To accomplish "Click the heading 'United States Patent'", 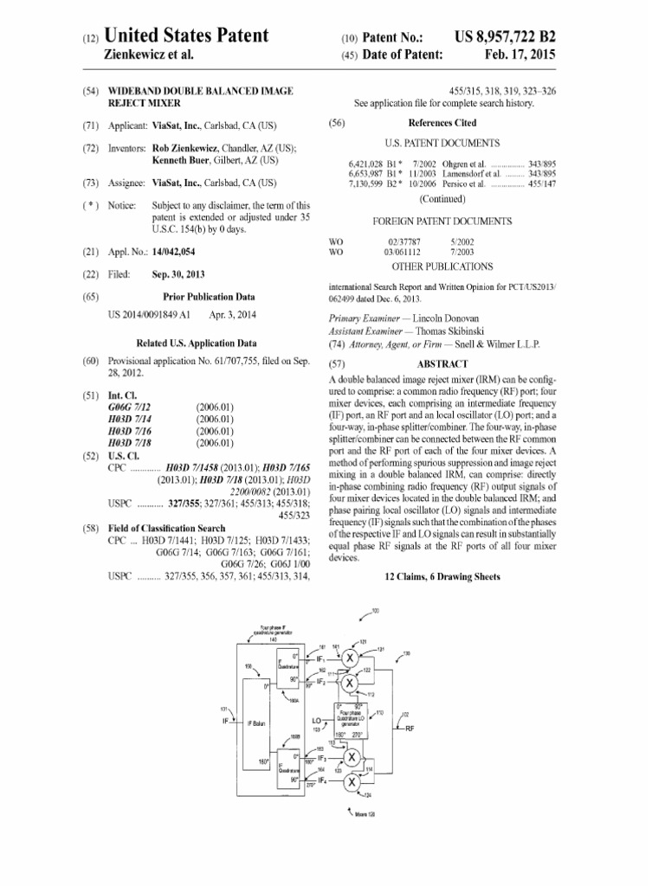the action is click(x=186, y=36).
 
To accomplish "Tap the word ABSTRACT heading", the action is click(x=442, y=364).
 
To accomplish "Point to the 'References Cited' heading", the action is click(x=442, y=124).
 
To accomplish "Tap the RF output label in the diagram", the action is click(x=410, y=729).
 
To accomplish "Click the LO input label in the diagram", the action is click(x=317, y=719).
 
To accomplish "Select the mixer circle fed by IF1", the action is click(x=350, y=658).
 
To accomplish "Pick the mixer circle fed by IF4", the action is click(x=350, y=782).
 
